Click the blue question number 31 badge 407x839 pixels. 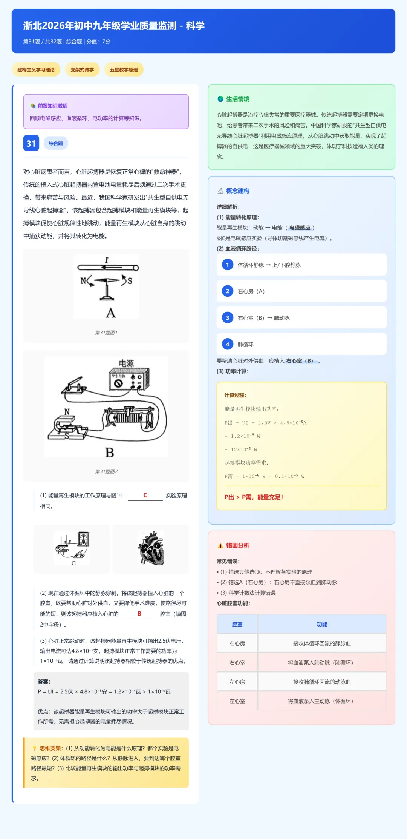(x=31, y=143)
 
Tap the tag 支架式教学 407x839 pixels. (x=82, y=70)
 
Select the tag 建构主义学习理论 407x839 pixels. (x=36, y=70)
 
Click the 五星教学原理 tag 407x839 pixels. (x=124, y=70)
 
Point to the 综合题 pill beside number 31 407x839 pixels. (x=56, y=143)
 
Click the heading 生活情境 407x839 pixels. (x=237, y=99)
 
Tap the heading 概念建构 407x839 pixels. (x=237, y=191)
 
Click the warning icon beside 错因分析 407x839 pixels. (x=220, y=546)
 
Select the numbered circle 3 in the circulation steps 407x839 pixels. (x=227, y=318)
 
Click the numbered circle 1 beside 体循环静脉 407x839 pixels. (x=227, y=265)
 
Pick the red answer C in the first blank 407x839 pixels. (x=145, y=495)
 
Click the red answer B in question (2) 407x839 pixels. (x=139, y=614)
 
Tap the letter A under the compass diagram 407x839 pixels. (x=110, y=313)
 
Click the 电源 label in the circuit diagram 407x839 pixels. (x=126, y=363)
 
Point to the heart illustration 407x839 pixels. (x=151, y=549)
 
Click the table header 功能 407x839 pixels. (x=322, y=624)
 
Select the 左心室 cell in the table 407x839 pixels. (x=237, y=701)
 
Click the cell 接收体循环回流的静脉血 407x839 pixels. (x=322, y=643)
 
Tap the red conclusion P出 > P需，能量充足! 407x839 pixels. (x=254, y=497)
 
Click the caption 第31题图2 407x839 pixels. (x=106, y=471)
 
